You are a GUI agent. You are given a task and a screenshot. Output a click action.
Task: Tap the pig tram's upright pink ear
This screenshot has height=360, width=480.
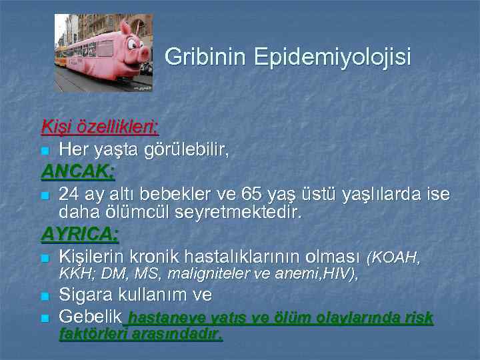point(125,28)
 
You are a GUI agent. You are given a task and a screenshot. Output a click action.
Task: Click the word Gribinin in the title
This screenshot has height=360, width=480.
point(205,57)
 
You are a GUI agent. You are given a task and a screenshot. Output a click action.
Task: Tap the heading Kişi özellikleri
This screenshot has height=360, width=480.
point(99,125)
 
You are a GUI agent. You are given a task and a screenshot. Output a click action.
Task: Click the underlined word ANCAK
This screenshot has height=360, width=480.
point(78,172)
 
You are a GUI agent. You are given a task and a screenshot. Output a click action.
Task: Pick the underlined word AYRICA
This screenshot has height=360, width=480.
point(80,234)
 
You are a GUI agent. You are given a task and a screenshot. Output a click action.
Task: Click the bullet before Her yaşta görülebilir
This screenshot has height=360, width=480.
point(45,150)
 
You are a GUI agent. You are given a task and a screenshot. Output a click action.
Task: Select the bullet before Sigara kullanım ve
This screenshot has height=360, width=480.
point(45,296)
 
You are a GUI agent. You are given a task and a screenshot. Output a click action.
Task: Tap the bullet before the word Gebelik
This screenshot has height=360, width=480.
point(45,318)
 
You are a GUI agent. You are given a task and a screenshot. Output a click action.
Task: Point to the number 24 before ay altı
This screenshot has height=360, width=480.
point(69,195)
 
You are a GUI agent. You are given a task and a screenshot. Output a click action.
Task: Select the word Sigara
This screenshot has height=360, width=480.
point(87,295)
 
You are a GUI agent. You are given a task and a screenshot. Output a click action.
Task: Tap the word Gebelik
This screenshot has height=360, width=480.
point(90,317)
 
